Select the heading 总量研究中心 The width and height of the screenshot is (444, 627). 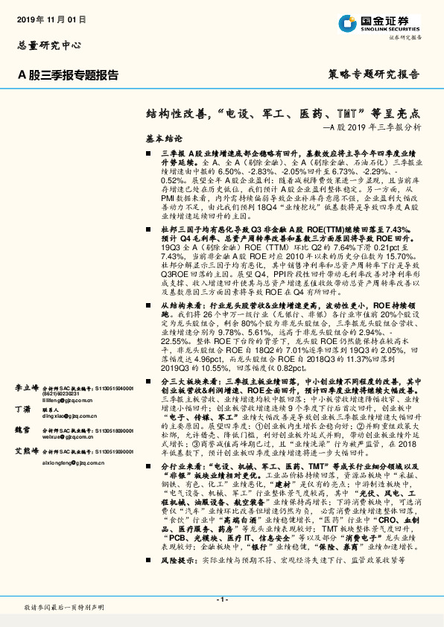tap(47, 45)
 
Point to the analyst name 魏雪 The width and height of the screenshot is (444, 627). tap(22, 430)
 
